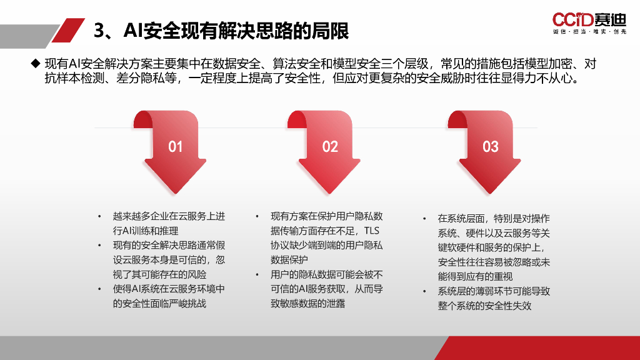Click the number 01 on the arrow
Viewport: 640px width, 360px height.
pyautogui.click(x=176, y=147)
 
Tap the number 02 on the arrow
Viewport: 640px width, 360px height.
pyautogui.click(x=330, y=147)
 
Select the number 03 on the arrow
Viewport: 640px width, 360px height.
pyautogui.click(x=491, y=147)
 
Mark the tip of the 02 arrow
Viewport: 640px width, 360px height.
pyautogui.click(x=331, y=192)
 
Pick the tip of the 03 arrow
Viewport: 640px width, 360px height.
pyautogui.click(x=491, y=192)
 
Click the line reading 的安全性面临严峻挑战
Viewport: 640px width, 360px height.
pyautogui.click(x=159, y=304)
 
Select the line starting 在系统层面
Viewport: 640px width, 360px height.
pyautogui.click(x=493, y=219)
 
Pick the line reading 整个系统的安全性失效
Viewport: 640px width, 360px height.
pyautogui.click(x=484, y=306)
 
